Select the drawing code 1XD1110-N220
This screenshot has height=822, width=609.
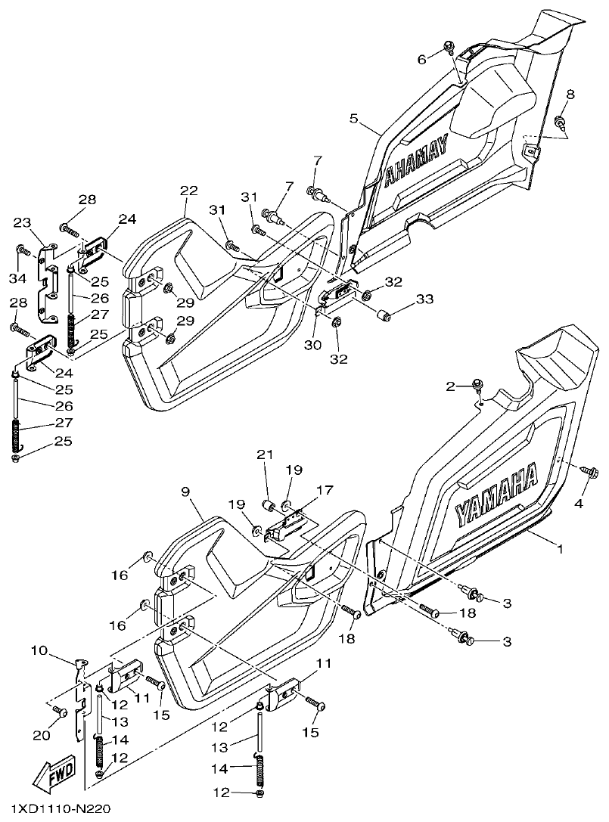[x=54, y=810]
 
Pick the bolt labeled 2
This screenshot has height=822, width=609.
[x=477, y=386]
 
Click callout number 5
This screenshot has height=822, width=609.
[x=353, y=119]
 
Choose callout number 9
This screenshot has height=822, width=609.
[x=184, y=492]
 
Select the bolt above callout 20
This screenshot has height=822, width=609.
[x=60, y=711]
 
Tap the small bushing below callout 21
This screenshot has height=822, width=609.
[x=269, y=505]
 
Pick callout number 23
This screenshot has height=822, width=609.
[x=23, y=222]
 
